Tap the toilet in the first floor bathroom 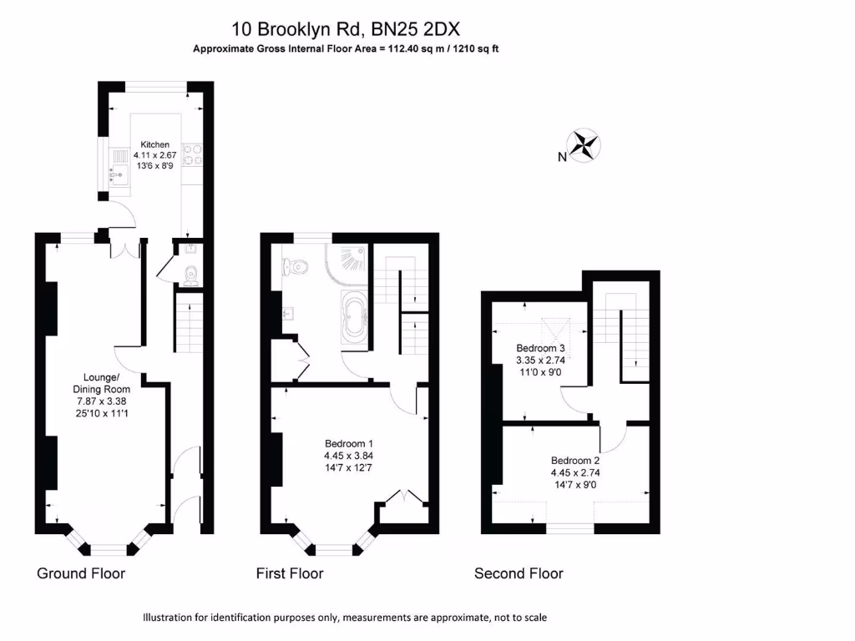click(x=296, y=265)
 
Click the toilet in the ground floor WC click(x=191, y=273)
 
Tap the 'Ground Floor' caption click(x=81, y=573)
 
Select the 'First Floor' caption click(x=290, y=573)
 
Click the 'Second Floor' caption click(x=519, y=573)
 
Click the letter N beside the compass click(x=563, y=156)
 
